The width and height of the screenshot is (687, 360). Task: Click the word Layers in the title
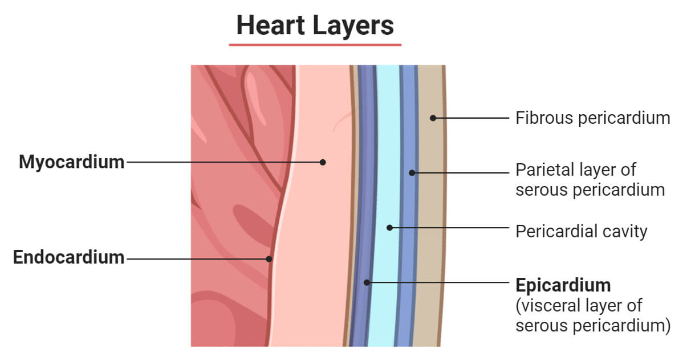353,26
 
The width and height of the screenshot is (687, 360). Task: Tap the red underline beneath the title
315,45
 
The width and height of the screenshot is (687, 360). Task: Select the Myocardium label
71,162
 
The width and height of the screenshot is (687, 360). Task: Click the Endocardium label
68,257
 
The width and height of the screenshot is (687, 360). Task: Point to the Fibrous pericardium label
592,118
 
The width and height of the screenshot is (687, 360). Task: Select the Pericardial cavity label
581,231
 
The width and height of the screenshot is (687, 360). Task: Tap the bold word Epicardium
563,285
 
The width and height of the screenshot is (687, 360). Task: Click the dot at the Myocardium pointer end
323,162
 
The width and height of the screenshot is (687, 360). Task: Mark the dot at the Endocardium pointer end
270,258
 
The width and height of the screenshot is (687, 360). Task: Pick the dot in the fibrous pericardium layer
433,118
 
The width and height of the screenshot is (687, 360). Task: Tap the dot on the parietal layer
412,172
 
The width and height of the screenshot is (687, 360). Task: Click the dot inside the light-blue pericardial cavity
389,228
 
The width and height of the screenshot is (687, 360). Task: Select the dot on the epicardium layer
367,282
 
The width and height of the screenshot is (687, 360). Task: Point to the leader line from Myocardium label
222,162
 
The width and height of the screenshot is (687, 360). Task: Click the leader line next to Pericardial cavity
450,228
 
